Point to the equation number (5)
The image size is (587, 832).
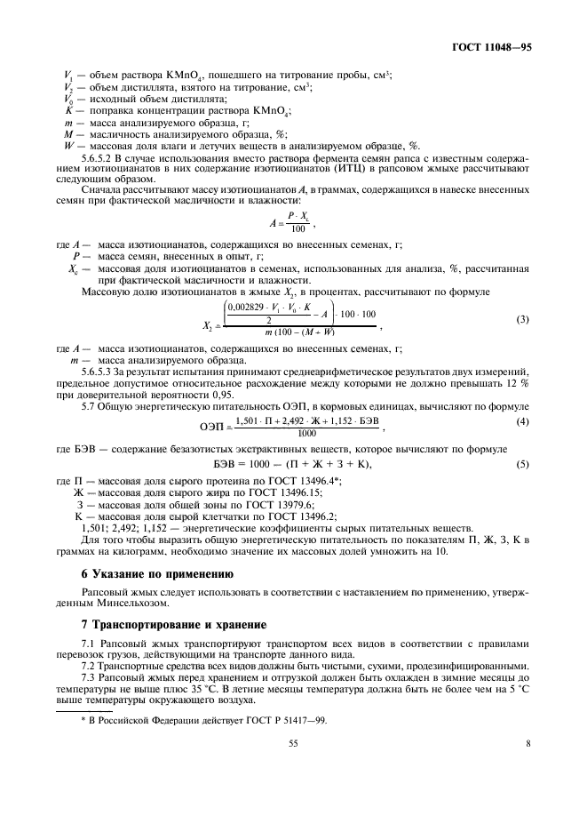(x=523, y=464)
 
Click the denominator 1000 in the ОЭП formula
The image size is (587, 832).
(x=306, y=433)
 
